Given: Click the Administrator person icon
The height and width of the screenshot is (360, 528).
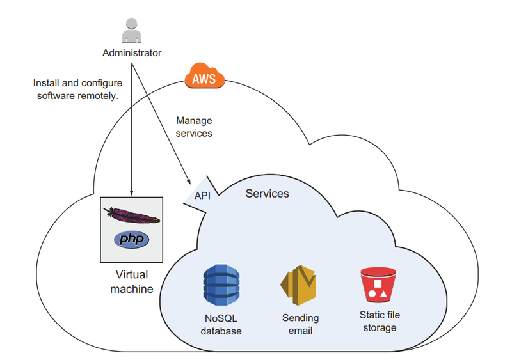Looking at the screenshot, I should (131, 31).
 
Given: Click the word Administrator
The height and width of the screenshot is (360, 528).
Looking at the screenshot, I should (132, 53).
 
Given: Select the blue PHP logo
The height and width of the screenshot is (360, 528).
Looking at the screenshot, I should (131, 240).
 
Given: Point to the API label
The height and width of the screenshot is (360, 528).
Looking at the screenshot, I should (202, 196).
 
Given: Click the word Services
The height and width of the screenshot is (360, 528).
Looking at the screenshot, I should (267, 193).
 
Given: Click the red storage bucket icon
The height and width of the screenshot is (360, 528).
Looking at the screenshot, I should (378, 285).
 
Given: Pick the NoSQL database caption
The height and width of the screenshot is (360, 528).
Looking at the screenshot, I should (221, 324).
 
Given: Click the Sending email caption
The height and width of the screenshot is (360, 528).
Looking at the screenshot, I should (300, 324).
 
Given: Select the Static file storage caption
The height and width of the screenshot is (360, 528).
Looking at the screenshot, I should (380, 321).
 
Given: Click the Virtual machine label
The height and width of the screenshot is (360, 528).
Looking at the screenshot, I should (131, 282).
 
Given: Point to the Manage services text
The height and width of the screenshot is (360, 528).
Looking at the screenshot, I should (194, 127).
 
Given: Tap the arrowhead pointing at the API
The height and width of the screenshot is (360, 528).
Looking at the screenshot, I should (189, 182).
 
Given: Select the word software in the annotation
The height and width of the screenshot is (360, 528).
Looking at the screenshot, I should (52, 96).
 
